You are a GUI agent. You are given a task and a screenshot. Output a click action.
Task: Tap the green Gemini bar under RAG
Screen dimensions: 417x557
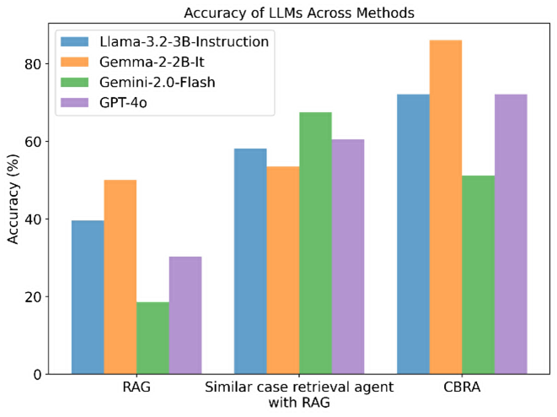[x=153, y=338]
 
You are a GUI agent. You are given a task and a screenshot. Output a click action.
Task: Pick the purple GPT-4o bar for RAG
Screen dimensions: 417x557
[x=185, y=315]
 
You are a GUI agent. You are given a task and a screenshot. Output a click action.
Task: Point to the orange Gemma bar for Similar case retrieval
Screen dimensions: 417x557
[x=283, y=270]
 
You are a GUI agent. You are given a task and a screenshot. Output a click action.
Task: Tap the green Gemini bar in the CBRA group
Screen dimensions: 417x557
[x=478, y=274]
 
